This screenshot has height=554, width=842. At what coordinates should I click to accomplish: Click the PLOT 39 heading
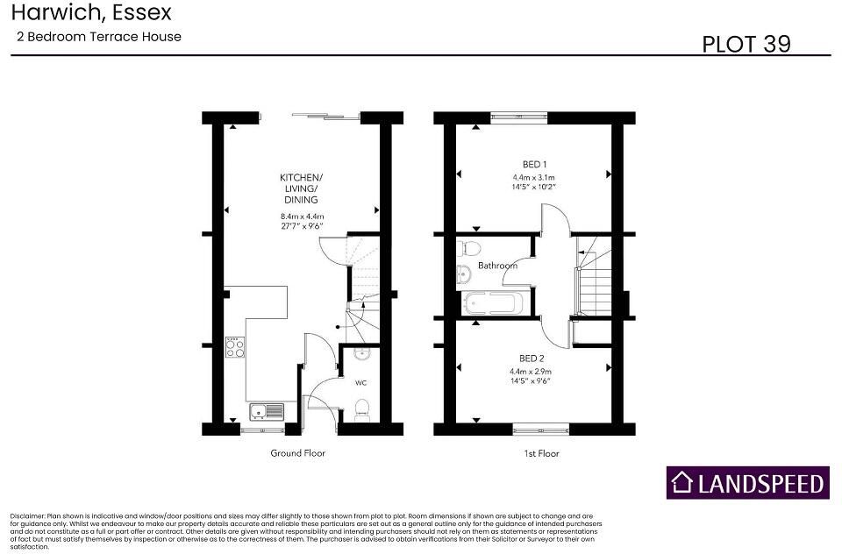[746, 44]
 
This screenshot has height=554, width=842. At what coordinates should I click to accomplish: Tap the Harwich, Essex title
[91, 13]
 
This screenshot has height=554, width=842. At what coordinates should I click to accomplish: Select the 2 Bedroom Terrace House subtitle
[98, 37]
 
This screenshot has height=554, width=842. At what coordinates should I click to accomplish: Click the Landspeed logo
[747, 483]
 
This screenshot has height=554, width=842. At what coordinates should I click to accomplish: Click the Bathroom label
[497, 266]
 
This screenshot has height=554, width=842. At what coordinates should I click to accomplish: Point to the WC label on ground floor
[360, 383]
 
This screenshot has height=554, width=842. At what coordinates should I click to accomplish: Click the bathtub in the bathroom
[493, 303]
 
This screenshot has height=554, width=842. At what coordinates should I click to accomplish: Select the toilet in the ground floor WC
[360, 409]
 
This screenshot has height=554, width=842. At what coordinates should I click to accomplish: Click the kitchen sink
[266, 411]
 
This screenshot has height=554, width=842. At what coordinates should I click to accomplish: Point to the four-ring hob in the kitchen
[235, 348]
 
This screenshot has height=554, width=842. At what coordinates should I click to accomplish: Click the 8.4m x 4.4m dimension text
[302, 217]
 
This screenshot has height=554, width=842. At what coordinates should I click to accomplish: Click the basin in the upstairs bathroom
[464, 276]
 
